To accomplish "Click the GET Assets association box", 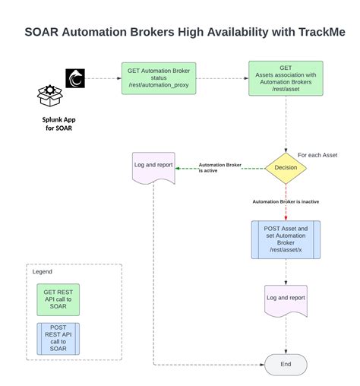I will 286,79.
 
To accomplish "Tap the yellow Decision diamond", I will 286,168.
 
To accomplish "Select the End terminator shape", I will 286,365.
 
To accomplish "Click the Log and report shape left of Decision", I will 154,166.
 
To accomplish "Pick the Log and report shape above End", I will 286,298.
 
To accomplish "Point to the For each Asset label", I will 317,155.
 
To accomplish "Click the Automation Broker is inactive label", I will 286,201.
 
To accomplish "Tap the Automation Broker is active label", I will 219,168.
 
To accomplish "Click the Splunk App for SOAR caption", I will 58,122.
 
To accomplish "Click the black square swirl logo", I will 76,78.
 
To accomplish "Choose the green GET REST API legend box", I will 58,299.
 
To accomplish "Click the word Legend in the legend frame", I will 42,271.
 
